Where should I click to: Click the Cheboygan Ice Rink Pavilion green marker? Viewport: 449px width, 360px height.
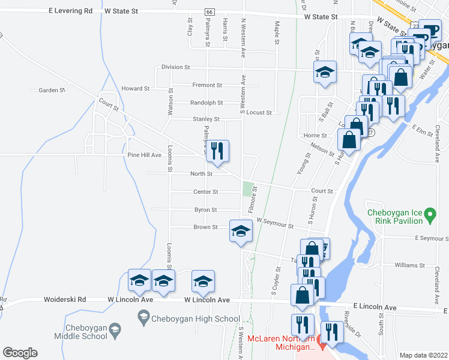click(x=429, y=214)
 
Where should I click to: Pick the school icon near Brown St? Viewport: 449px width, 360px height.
click(x=240, y=231)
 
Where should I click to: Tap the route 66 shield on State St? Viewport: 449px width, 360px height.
click(x=209, y=12)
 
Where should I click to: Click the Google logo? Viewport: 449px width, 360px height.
click(x=20, y=353)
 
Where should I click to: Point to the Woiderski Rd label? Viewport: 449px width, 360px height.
click(x=65, y=299)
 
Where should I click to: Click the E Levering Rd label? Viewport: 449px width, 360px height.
click(x=71, y=11)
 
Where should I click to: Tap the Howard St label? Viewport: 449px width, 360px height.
click(x=135, y=89)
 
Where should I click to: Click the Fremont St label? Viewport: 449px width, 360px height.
click(x=207, y=85)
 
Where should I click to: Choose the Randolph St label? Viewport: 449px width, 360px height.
click(x=206, y=103)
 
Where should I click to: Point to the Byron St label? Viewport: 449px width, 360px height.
click(x=205, y=210)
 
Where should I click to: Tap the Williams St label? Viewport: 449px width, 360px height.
click(x=409, y=265)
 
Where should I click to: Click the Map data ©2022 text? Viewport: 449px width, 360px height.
click(x=423, y=355)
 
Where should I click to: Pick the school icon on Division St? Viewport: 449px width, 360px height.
click(x=325, y=73)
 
